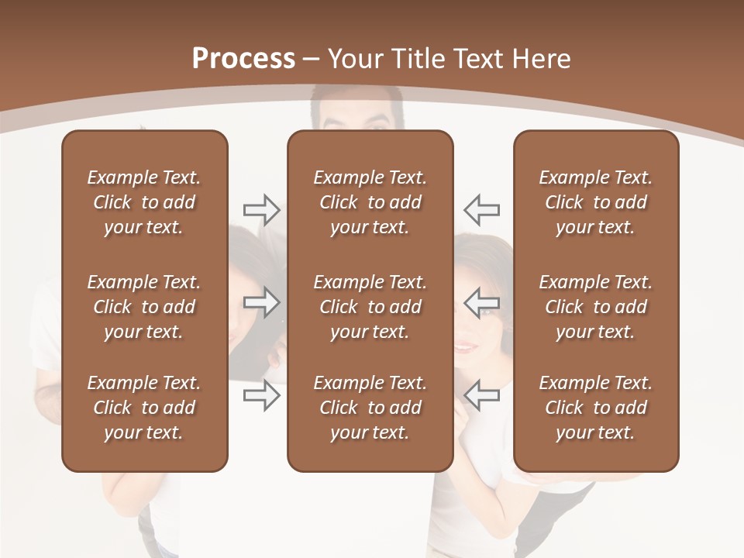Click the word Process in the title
[x=243, y=59]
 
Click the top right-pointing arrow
[x=261, y=209]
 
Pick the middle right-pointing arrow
[x=261, y=302]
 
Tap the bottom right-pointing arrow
[x=261, y=396]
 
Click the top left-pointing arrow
[x=482, y=209]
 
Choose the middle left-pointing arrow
[x=482, y=302]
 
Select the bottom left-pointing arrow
[x=482, y=396]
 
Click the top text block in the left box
[x=144, y=202]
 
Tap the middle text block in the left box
[x=144, y=307]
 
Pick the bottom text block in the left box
[x=144, y=408]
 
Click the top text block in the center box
[x=370, y=202]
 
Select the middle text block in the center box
[x=370, y=307]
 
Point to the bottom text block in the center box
[x=370, y=408]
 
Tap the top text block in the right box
[x=596, y=202]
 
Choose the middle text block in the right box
[x=596, y=307]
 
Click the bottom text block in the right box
[x=596, y=408]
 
